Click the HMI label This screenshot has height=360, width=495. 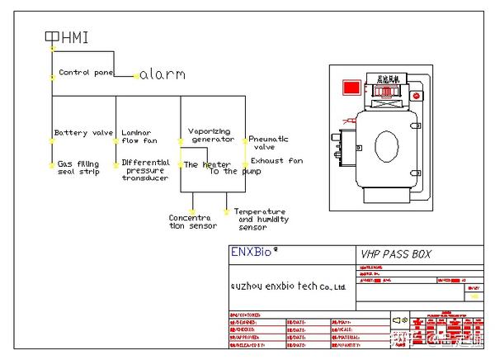pos(73,37)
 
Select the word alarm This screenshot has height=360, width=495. pos(163,74)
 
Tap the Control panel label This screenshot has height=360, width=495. pos(86,73)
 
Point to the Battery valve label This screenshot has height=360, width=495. pos(83,133)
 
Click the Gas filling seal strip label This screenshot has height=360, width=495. pos(78,168)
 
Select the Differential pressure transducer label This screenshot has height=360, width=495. pos(145,170)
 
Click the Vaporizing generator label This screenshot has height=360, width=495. pos(211,135)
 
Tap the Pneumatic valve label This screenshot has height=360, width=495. pos(268,143)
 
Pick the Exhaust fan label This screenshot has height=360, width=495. pos(276,160)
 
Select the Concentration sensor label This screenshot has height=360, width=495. pos(190,222)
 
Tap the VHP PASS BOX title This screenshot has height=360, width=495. pos(396,254)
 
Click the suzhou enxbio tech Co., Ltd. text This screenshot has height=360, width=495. pos(287,286)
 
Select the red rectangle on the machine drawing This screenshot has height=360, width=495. pos(351,87)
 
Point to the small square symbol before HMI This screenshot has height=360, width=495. pos(51,36)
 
